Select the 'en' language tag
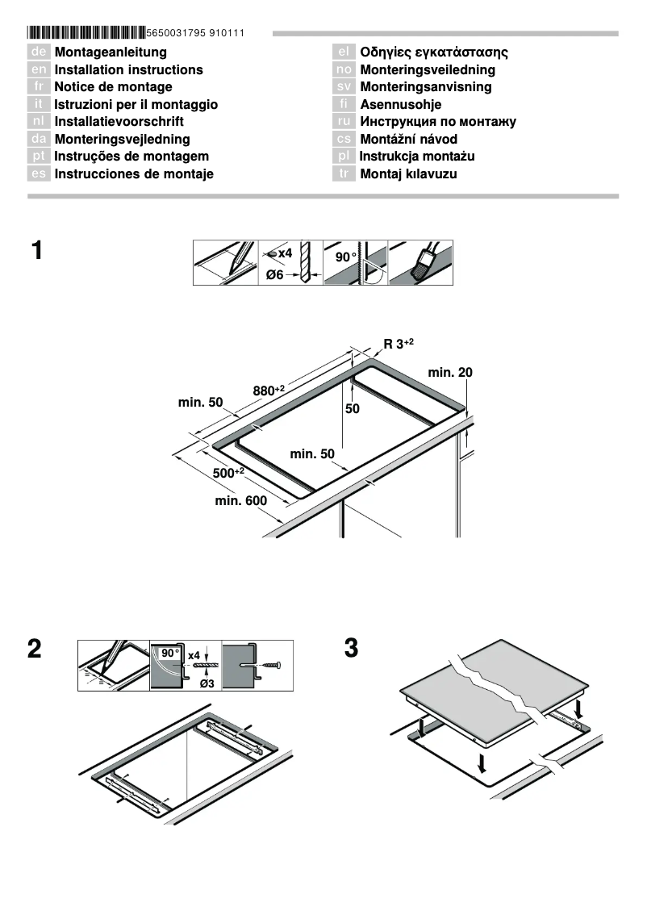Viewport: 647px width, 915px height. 39,70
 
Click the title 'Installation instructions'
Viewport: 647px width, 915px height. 128,70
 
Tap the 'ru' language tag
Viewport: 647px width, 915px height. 344,122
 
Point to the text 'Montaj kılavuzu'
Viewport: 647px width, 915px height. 408,174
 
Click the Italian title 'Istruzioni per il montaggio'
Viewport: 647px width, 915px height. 136,105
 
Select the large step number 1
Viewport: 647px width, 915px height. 37,251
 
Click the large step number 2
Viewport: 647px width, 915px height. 35,649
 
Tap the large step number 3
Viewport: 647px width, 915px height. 351,649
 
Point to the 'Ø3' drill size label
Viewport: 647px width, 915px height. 206,683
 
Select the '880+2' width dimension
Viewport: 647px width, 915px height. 269,391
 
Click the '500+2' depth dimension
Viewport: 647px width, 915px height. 227,473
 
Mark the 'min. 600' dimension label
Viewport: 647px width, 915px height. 240,501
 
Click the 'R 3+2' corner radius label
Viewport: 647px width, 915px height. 399,344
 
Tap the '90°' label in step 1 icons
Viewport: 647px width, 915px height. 345,257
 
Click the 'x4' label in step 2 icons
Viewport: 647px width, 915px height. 194,655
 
